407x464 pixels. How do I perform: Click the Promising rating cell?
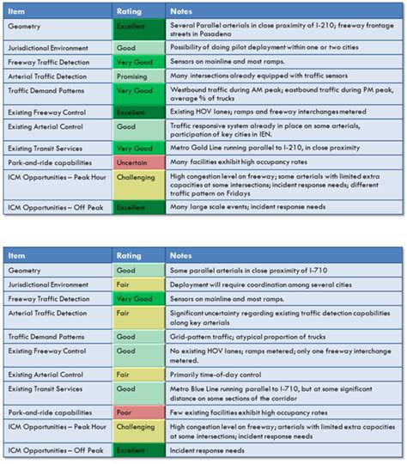138,76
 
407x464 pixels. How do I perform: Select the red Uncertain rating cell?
138,162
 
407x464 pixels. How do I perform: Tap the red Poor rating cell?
138,412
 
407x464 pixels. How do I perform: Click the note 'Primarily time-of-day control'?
220,374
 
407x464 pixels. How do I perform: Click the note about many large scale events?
246,207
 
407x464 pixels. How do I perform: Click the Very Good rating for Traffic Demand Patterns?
138,90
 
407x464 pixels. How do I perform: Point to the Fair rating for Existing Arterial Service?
138,374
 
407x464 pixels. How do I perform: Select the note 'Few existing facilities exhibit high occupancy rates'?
258,412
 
